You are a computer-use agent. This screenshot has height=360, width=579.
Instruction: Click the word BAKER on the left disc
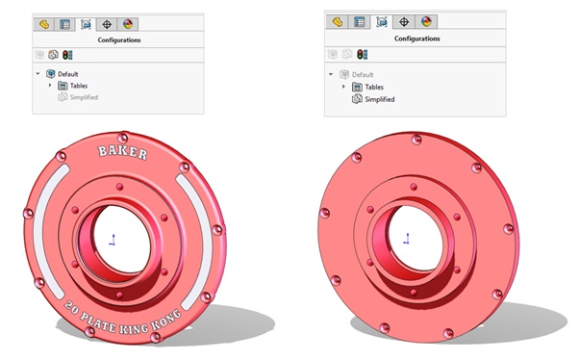coord(122,152)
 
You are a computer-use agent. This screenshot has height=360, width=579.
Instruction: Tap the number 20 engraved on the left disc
coord(71,307)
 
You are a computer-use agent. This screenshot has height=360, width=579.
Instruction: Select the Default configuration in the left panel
coord(67,74)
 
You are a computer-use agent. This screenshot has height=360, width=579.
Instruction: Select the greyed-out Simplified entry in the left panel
coord(84,97)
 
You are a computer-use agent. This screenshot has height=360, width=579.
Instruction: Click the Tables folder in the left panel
coord(79,86)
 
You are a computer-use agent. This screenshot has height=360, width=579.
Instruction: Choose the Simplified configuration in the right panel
coord(380,99)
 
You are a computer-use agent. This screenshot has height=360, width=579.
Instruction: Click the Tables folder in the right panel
coord(374,88)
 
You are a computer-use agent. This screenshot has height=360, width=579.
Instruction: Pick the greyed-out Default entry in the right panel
coord(363,75)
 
